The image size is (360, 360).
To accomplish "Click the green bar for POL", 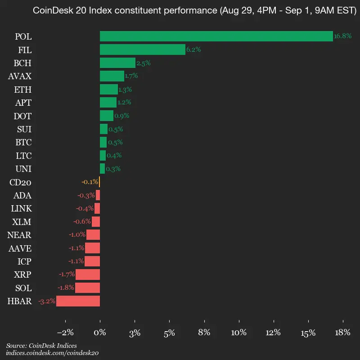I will coord(216,36).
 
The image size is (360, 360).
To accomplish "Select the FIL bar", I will coord(142,49).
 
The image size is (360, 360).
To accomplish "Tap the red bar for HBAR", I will coord(78,301).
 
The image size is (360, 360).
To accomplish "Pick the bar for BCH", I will coord(117,63).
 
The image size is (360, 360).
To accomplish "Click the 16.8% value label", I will coord(342,36).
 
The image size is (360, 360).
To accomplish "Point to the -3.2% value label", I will coord(47,301).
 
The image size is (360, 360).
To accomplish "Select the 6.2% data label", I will coord(193,49).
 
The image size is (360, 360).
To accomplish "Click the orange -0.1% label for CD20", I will coord(90,182).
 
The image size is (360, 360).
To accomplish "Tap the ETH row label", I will coord(23,90).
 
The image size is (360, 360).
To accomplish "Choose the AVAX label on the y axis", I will coord(20,76).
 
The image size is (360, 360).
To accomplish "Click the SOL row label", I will coord(23,288).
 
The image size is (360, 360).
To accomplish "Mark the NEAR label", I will coord(19,235).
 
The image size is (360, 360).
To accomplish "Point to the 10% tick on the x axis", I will coord(239,333).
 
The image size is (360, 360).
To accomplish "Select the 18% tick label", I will coord(343,333).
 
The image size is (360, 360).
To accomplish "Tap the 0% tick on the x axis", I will coord(100,333).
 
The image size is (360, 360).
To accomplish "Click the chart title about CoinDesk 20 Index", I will coord(195,11).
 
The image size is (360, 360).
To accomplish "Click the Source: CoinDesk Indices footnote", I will coord(41,346).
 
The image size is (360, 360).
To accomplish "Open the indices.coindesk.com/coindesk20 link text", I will coord(53,353).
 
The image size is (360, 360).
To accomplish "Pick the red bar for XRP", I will coord(88,274).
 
